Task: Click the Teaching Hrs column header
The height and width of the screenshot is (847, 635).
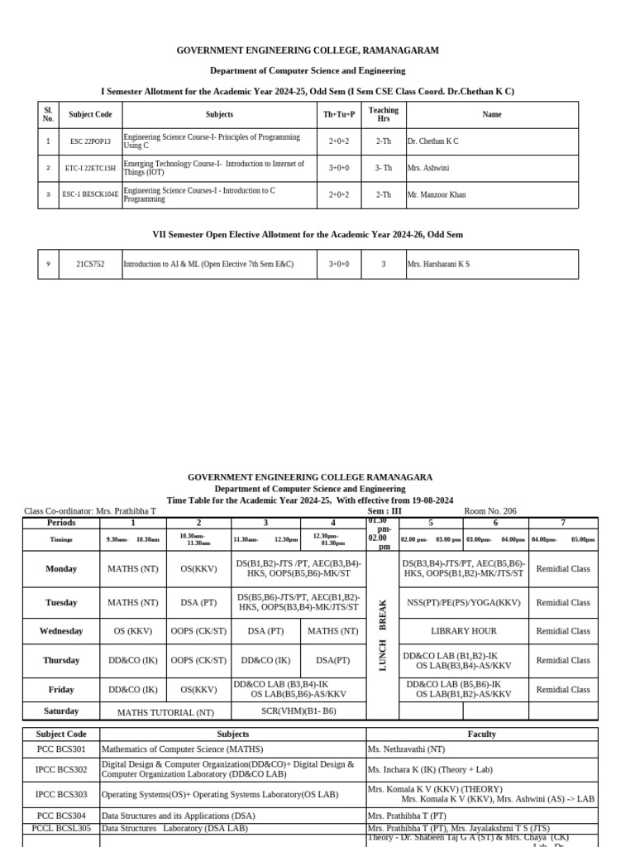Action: coord(383,114)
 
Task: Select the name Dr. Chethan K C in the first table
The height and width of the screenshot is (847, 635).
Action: coord(432,141)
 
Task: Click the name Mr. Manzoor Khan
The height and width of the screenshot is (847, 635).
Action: coord(436,195)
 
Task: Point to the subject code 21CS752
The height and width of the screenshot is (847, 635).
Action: coord(90,265)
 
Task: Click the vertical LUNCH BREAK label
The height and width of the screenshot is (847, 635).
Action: coord(383,635)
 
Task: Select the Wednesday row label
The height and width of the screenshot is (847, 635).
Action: coord(61,631)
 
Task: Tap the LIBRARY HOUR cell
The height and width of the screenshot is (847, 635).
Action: coord(464,631)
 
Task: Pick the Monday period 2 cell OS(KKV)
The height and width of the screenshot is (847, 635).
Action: coord(198,569)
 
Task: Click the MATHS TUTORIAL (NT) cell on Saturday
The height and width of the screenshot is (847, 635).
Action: coord(165,712)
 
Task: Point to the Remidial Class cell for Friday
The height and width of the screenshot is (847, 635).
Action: coord(563,689)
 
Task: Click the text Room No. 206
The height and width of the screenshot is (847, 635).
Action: coord(490,511)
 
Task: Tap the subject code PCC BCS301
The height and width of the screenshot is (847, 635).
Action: coord(60,749)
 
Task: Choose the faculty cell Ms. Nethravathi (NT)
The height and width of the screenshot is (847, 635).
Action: coord(406,749)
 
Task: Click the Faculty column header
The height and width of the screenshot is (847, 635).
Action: coord(482,734)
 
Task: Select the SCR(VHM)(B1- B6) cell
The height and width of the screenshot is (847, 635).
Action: coord(298,711)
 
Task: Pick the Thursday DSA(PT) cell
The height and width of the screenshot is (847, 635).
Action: coord(332,660)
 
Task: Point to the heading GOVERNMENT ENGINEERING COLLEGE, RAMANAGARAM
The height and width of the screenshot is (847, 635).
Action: coord(308,50)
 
